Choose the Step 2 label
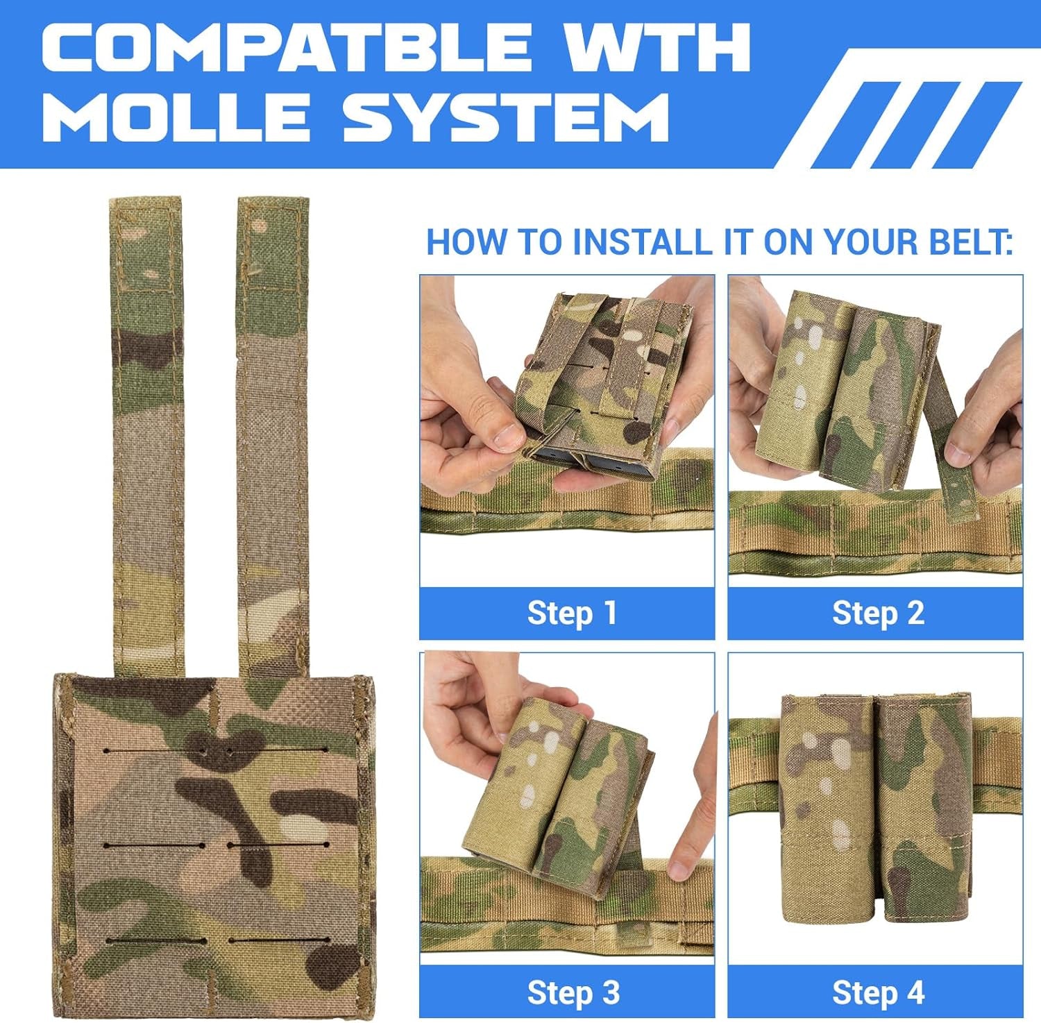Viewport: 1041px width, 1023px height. pyautogui.click(x=878, y=613)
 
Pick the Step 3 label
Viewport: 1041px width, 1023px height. pyautogui.click(x=573, y=992)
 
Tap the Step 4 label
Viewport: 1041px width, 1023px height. pyautogui.click(x=878, y=992)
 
